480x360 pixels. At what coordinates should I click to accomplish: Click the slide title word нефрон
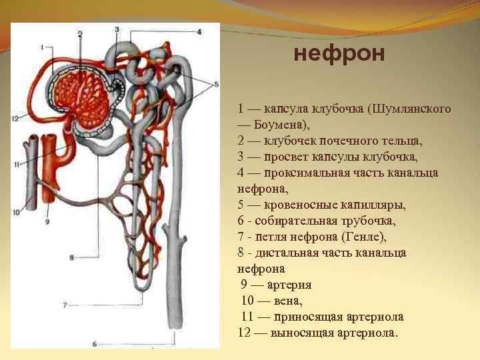(339, 53)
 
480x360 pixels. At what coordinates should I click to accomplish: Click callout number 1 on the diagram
(41, 47)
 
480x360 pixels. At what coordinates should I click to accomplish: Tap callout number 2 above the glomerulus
(79, 33)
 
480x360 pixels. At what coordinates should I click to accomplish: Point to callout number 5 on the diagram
(215, 84)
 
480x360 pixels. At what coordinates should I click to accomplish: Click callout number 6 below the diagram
(94, 344)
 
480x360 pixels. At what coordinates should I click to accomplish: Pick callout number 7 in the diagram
(65, 304)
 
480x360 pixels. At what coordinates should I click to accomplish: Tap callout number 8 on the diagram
(71, 257)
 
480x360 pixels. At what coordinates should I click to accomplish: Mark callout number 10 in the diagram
(16, 213)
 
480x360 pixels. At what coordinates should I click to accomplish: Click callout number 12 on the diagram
(15, 118)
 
